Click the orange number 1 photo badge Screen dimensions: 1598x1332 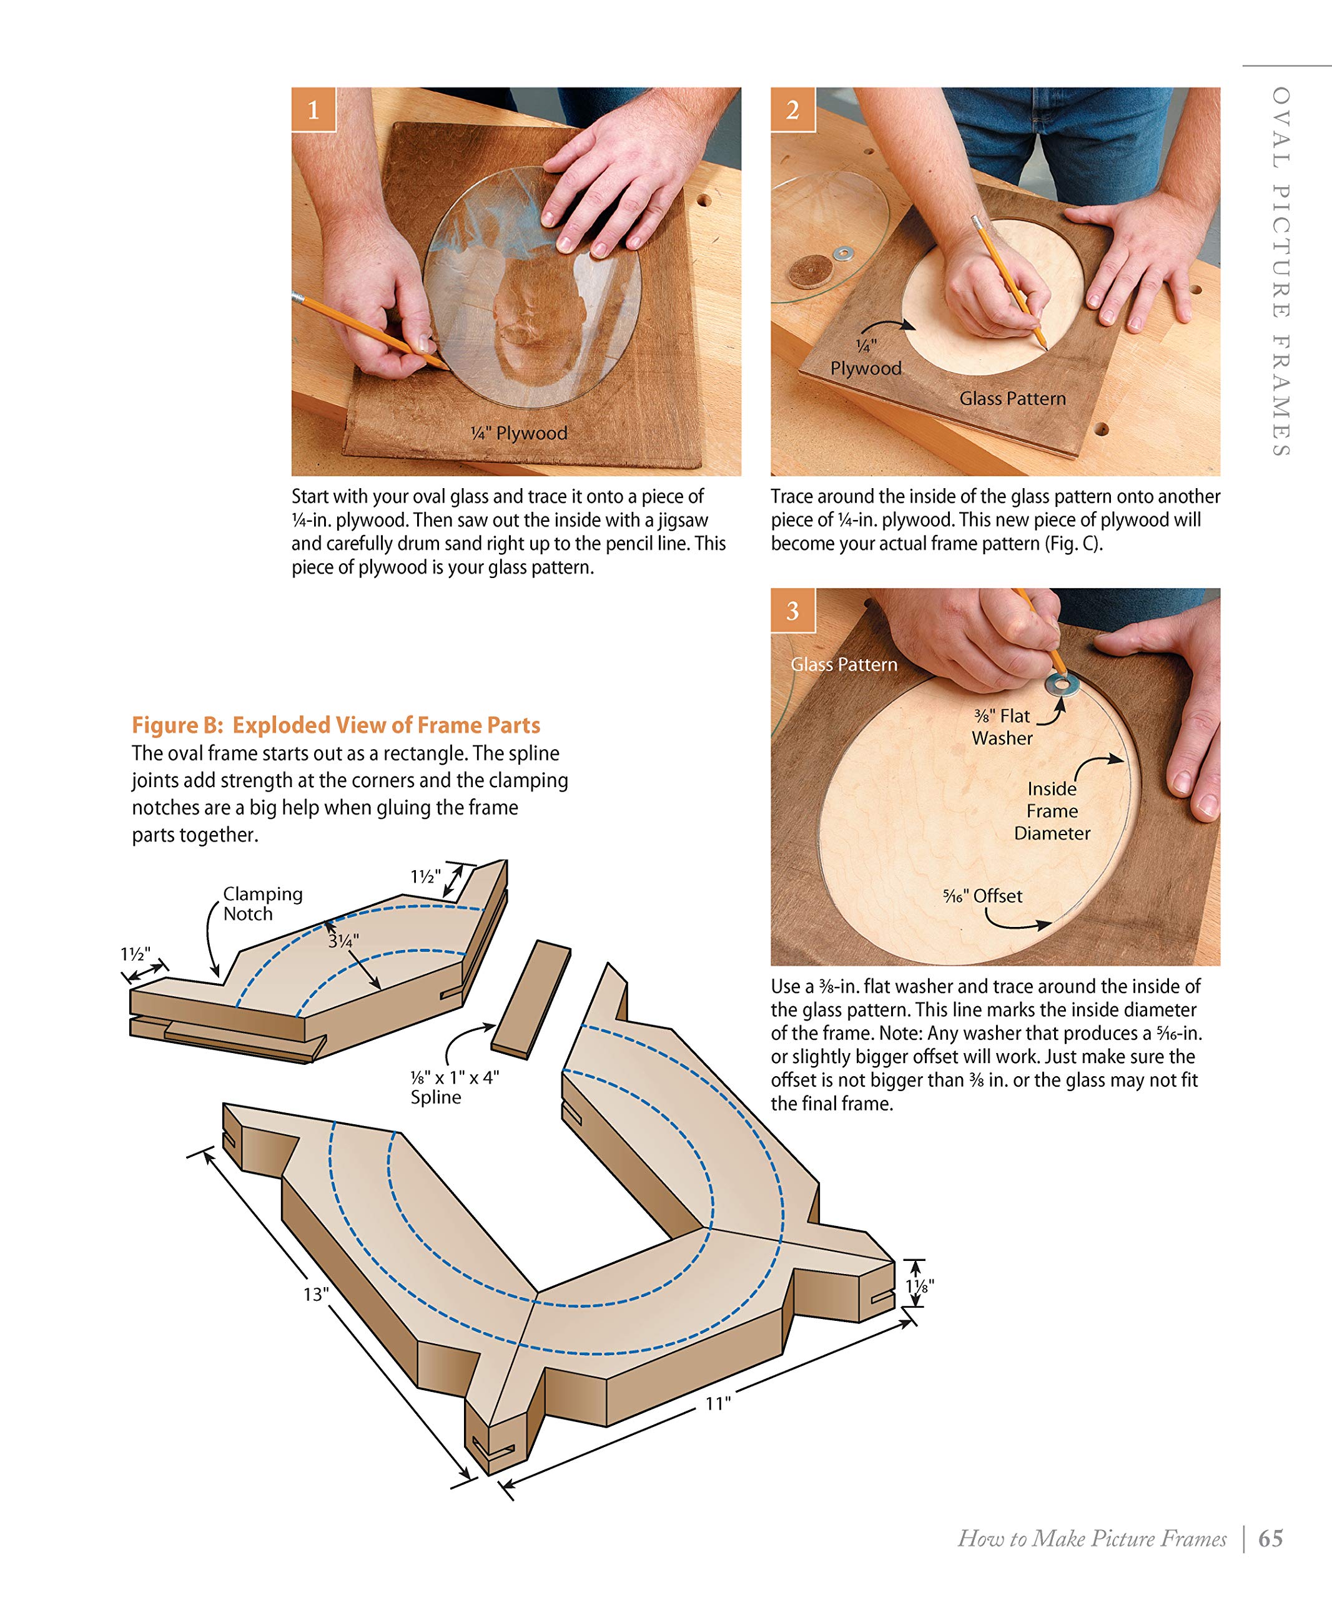coord(313,110)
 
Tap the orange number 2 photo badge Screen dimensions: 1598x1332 coord(792,110)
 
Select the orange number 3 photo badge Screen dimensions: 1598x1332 coord(792,610)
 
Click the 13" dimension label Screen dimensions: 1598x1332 coord(316,1293)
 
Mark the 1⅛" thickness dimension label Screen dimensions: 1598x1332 coord(919,1285)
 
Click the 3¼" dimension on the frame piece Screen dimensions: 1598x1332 coord(342,941)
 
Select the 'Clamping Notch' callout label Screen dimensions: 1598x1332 coord(262,903)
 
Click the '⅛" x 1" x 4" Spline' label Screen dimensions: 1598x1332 coord(453,1087)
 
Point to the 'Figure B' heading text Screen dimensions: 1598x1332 coord(336,725)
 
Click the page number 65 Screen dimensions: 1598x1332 coord(1270,1539)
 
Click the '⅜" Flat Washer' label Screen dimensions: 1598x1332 coord(1002,727)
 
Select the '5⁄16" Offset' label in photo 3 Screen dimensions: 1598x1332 coord(983,896)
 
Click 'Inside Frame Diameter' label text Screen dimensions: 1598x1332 coord(1052,811)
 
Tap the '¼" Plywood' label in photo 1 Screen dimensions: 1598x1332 coord(519,433)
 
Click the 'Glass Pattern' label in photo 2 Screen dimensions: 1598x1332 coord(1012,399)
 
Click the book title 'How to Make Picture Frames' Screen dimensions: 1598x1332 coord(1092,1539)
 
